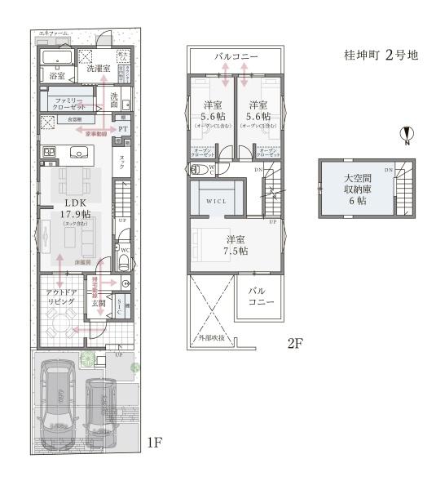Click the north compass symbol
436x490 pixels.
click(x=407, y=136)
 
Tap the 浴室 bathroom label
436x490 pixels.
click(x=56, y=75)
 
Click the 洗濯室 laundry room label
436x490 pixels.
click(x=100, y=69)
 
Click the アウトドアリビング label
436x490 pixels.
click(x=59, y=297)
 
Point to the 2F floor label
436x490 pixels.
click(x=294, y=343)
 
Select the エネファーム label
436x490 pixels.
click(x=53, y=33)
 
